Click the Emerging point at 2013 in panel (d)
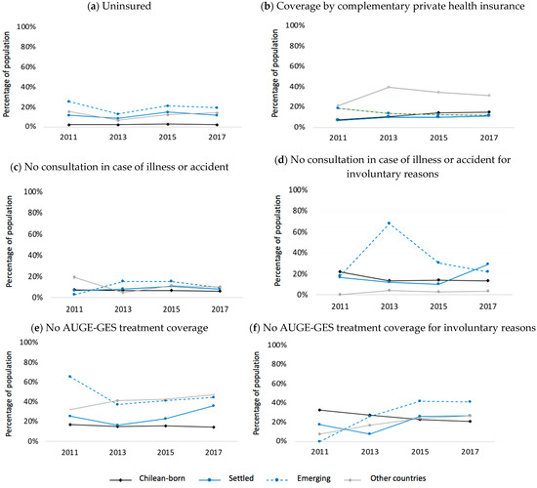click(389, 224)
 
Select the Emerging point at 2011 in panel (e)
click(70, 377)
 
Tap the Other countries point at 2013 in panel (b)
click(389, 87)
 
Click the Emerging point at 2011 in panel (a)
click(69, 102)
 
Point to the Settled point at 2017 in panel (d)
click(487, 264)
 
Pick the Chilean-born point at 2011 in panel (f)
click(320, 410)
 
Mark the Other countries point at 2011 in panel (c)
click(74, 277)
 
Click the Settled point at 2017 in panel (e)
click(214, 405)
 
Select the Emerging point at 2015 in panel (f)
click(420, 401)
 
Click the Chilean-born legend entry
click(147, 479)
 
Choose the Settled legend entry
click(227, 479)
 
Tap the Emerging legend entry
click(299, 479)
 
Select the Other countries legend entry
click(384, 479)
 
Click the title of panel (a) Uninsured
click(119, 6)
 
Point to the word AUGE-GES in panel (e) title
click(87, 328)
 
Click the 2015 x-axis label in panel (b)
click(438, 138)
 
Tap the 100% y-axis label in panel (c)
click(33, 191)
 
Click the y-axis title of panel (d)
click(277, 241)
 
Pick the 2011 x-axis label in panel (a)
click(68, 138)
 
